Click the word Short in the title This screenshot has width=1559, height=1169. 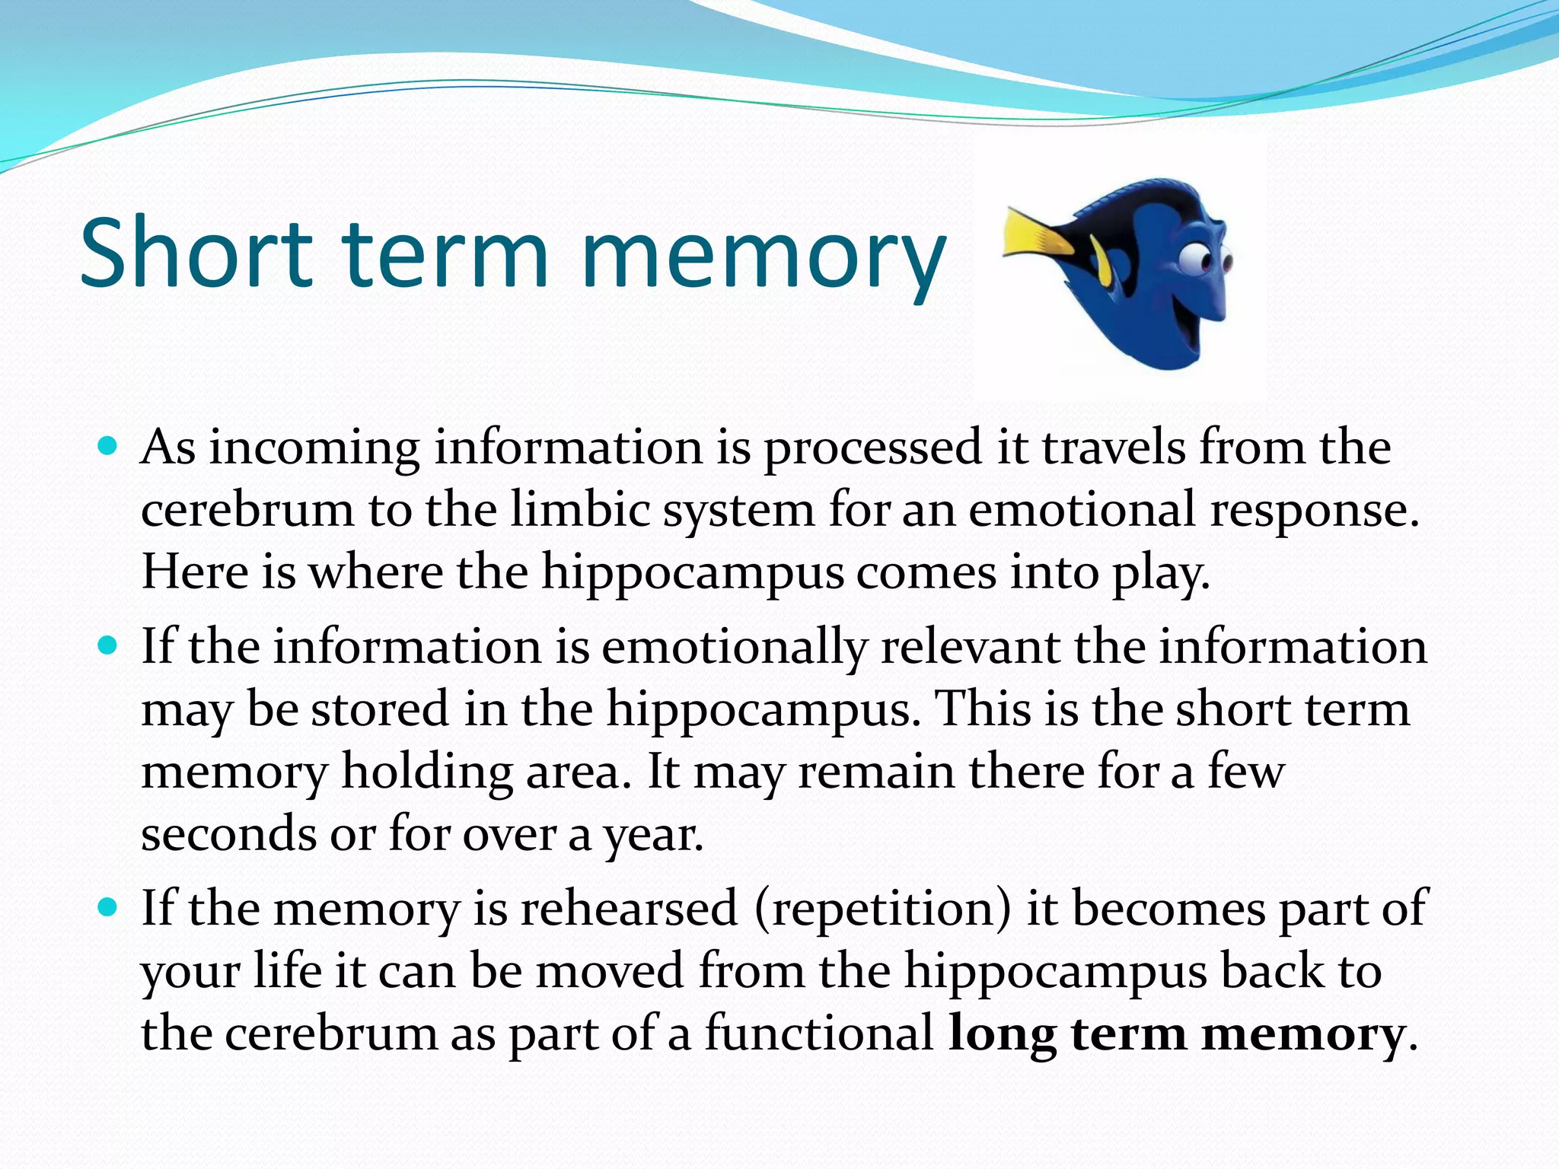[x=196, y=253]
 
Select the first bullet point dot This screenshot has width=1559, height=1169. [x=108, y=445]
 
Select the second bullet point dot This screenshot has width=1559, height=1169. [x=108, y=646]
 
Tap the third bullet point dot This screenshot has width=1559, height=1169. [x=108, y=907]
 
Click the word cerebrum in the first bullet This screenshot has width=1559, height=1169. [x=247, y=510]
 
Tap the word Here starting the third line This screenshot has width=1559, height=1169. [x=195, y=572]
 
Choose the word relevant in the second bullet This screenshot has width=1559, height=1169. [x=970, y=646]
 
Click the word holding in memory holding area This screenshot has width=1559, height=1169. [x=427, y=773]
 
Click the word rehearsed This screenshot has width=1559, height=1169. [x=629, y=907]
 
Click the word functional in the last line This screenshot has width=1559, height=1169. [x=818, y=1034]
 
